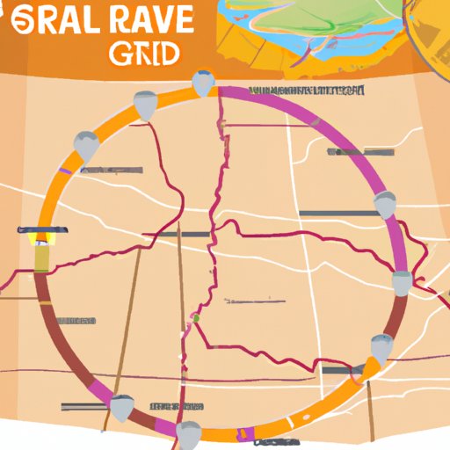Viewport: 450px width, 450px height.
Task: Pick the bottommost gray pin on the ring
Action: pyautogui.click(x=188, y=432)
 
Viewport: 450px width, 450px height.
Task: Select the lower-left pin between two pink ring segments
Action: pyautogui.click(x=121, y=407)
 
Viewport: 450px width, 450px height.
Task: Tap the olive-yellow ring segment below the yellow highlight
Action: pyautogui.click(x=41, y=257)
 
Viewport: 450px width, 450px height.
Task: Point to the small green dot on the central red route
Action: pyautogui.click(x=197, y=317)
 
